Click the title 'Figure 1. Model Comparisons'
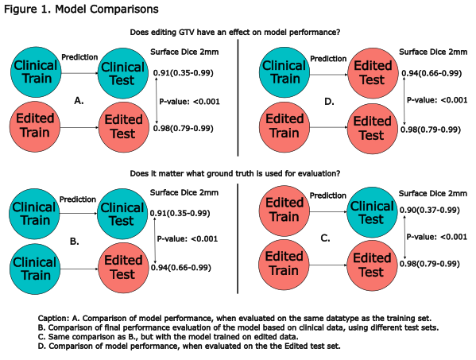pyautogui.click(x=81, y=9)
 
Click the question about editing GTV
pyautogui.click(x=235, y=32)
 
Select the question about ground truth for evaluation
pyautogui.click(x=235, y=173)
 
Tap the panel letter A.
pyautogui.click(x=79, y=101)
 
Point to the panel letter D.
pyautogui.click(x=329, y=102)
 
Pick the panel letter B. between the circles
pyautogui.click(x=75, y=242)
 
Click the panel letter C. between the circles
pyautogui.click(x=325, y=238)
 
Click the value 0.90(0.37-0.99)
pyautogui.click(x=430, y=210)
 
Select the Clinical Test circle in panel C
pyautogui.click(x=372, y=212)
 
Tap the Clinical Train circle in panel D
pyautogui.click(x=284, y=72)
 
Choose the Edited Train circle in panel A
pyautogui.click(x=35, y=126)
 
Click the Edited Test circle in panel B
pyautogui.click(x=123, y=268)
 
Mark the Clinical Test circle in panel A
pyautogui.click(x=122, y=73)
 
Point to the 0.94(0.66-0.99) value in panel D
pyautogui.click(x=431, y=73)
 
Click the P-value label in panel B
pyautogui.click(x=188, y=239)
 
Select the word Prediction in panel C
pyautogui.click(x=328, y=195)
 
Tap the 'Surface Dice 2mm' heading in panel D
pyautogui.click(x=433, y=52)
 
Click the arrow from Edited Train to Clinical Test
pyautogui.click(x=328, y=211)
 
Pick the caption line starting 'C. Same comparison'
pyautogui.click(x=168, y=337)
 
